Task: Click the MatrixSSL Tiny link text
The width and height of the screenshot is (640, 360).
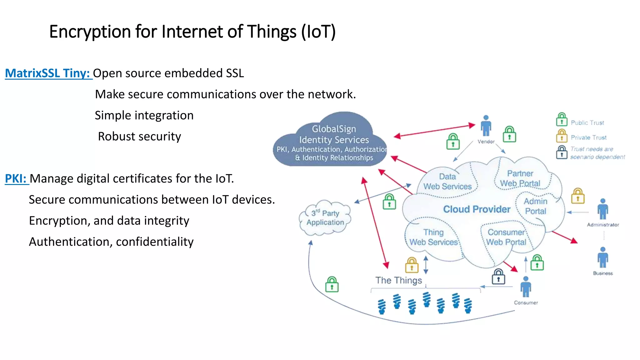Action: pyautogui.click(x=48, y=73)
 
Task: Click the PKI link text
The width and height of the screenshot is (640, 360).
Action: pyautogui.click(x=16, y=178)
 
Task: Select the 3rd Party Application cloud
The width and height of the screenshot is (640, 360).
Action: pyautogui.click(x=325, y=218)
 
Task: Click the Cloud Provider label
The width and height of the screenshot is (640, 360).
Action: pyautogui.click(x=477, y=209)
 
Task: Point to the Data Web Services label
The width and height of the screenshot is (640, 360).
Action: pyautogui.click(x=447, y=182)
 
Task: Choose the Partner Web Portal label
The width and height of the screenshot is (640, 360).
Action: pyautogui.click(x=520, y=178)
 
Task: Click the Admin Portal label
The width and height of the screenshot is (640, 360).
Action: pyautogui.click(x=536, y=206)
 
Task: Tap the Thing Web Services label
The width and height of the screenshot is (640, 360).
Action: pyautogui.click(x=434, y=237)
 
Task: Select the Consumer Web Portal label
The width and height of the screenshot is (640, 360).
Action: pyautogui.click(x=506, y=237)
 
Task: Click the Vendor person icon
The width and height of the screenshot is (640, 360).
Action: pyautogui.click(x=486, y=126)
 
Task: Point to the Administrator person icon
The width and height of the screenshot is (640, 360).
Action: pyautogui.click(x=603, y=209)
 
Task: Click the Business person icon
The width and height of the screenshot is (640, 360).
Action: pyautogui.click(x=603, y=257)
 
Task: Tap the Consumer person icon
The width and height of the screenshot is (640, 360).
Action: pyautogui.click(x=526, y=287)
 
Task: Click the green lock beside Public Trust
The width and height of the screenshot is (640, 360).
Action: pyautogui.click(x=562, y=119)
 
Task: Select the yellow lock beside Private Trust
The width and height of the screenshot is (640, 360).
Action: pyautogui.click(x=562, y=136)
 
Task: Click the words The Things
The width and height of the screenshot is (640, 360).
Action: pyautogui.click(x=398, y=280)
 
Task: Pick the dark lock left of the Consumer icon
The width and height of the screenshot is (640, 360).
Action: pyautogui.click(x=498, y=277)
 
